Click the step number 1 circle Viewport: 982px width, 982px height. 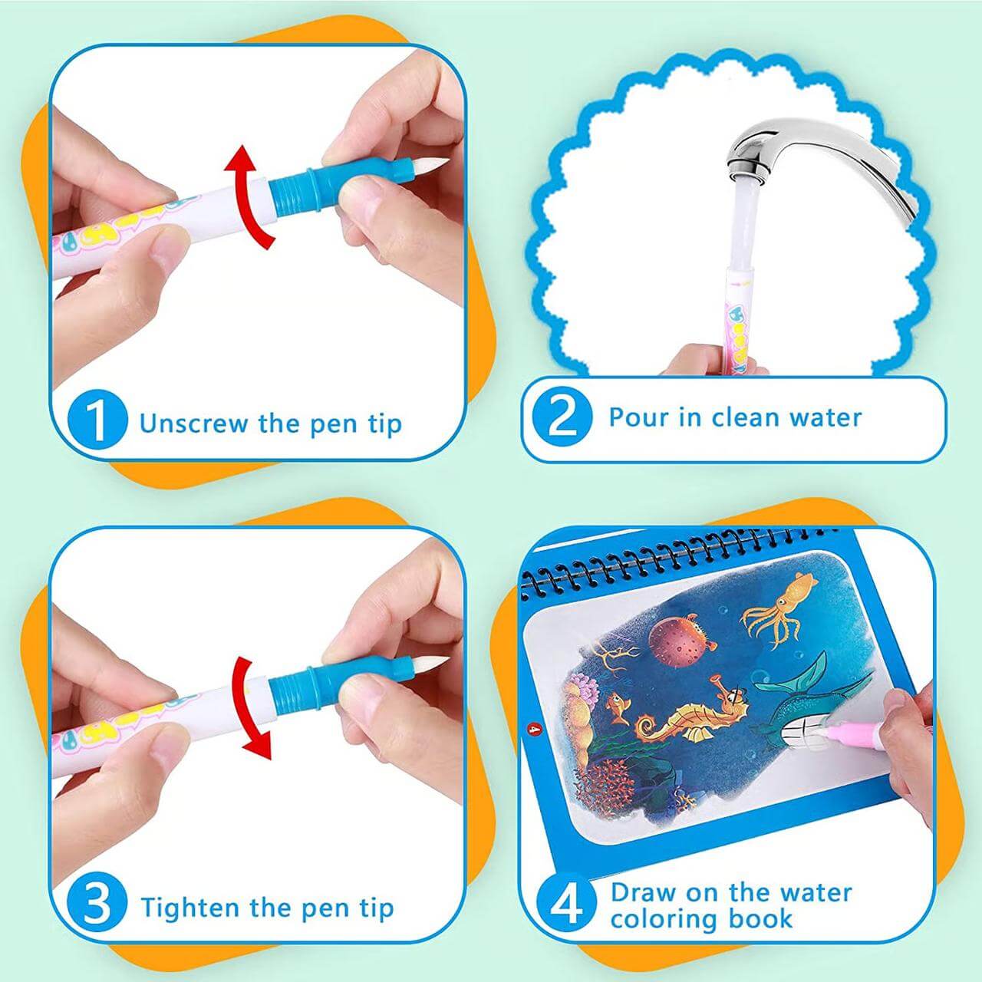pyautogui.click(x=97, y=420)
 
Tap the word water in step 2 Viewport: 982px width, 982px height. pyautogui.click(x=825, y=417)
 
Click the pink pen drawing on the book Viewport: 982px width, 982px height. pyautogui.click(x=852, y=729)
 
